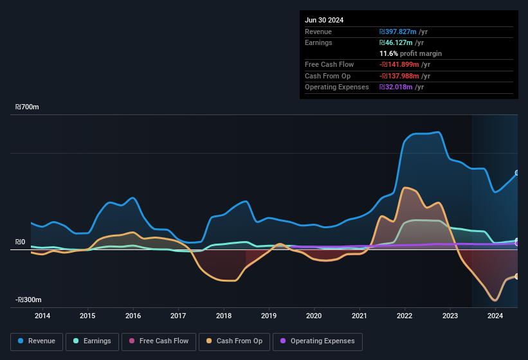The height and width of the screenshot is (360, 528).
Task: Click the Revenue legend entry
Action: (x=37, y=341)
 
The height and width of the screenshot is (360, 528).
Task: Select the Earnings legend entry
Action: (x=92, y=341)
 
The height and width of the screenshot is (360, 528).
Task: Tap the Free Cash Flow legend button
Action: (x=158, y=341)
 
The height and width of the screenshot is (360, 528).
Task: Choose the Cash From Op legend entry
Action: (x=235, y=341)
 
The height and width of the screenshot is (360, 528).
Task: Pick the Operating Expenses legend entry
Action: (x=317, y=341)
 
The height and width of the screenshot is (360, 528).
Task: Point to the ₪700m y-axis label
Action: (x=28, y=107)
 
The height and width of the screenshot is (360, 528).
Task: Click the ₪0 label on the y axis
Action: (x=20, y=242)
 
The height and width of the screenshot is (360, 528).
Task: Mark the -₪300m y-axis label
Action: (x=28, y=300)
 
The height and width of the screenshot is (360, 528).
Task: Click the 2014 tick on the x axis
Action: (x=42, y=316)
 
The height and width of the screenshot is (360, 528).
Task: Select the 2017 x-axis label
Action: (x=178, y=316)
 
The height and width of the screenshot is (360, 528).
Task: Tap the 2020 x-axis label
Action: (x=314, y=316)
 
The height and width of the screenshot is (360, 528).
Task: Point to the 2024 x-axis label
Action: (x=495, y=316)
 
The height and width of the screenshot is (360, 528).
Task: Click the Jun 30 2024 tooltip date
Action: (x=324, y=20)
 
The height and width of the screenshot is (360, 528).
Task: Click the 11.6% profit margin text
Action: (x=410, y=53)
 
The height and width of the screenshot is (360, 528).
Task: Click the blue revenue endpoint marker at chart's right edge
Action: (x=517, y=173)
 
